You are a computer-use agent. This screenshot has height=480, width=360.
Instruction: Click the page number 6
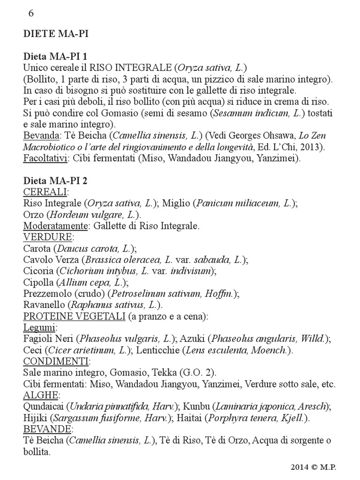click(x=31, y=13)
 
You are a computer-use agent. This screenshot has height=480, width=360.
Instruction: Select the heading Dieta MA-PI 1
click(x=59, y=56)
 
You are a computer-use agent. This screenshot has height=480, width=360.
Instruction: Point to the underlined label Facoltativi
click(x=45, y=158)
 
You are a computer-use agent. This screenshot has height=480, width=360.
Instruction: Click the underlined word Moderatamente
click(x=56, y=226)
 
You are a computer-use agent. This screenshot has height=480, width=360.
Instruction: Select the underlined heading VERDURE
click(x=47, y=237)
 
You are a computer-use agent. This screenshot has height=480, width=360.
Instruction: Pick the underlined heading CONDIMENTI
click(x=56, y=361)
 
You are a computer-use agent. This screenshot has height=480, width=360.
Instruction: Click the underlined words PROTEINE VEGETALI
click(x=74, y=316)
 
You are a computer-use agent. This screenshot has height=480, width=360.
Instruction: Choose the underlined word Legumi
click(x=39, y=328)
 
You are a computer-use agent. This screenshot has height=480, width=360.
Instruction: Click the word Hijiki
click(x=34, y=418)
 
